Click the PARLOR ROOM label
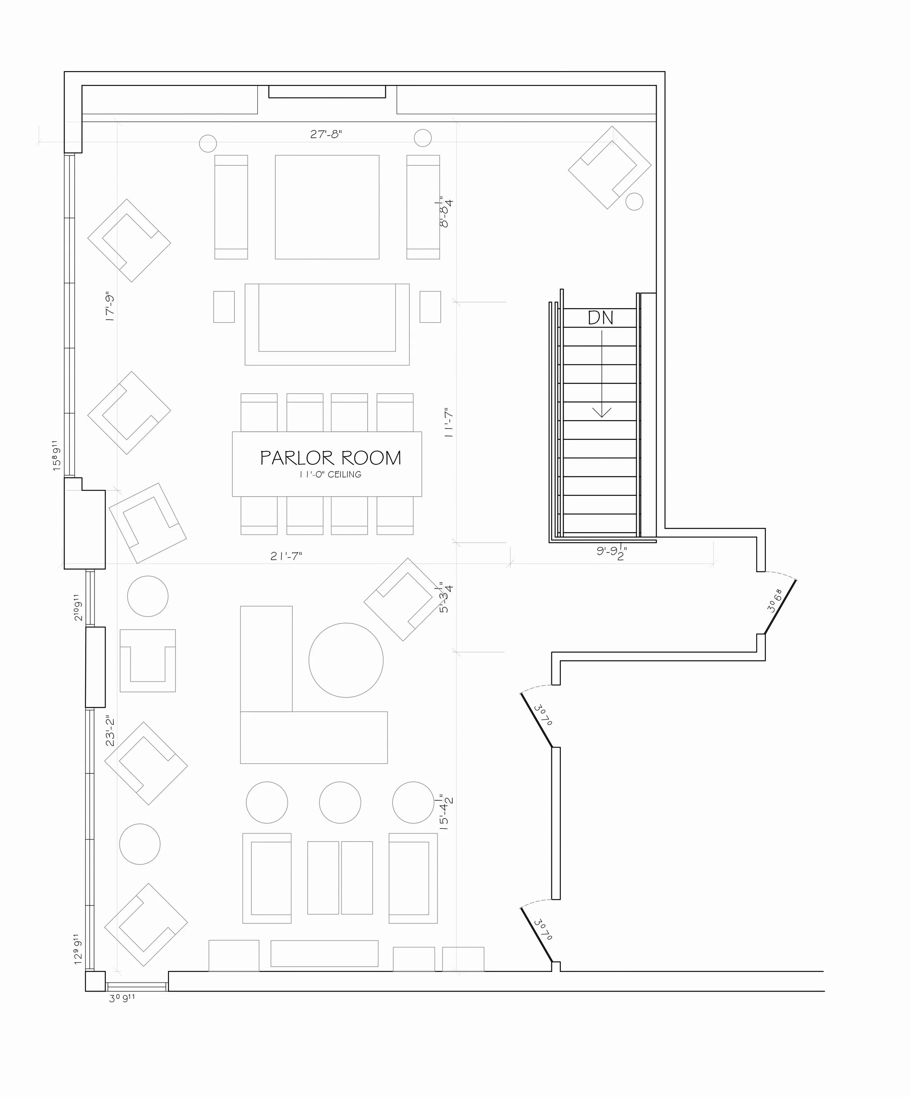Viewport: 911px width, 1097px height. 330,458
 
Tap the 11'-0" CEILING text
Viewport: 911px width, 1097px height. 330,474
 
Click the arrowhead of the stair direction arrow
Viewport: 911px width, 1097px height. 602,413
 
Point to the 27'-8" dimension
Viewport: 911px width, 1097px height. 326,134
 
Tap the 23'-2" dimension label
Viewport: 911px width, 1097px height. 110,731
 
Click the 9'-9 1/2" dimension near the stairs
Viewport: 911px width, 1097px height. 612,552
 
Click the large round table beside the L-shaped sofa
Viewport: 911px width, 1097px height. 346,660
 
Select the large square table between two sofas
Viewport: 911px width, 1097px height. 327,207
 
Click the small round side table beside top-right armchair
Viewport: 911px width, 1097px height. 634,201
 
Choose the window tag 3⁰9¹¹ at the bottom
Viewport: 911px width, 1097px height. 122,998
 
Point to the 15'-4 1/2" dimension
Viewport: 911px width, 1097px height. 446,813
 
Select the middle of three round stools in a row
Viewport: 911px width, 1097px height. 340,803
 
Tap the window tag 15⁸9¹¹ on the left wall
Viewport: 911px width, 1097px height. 56,456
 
